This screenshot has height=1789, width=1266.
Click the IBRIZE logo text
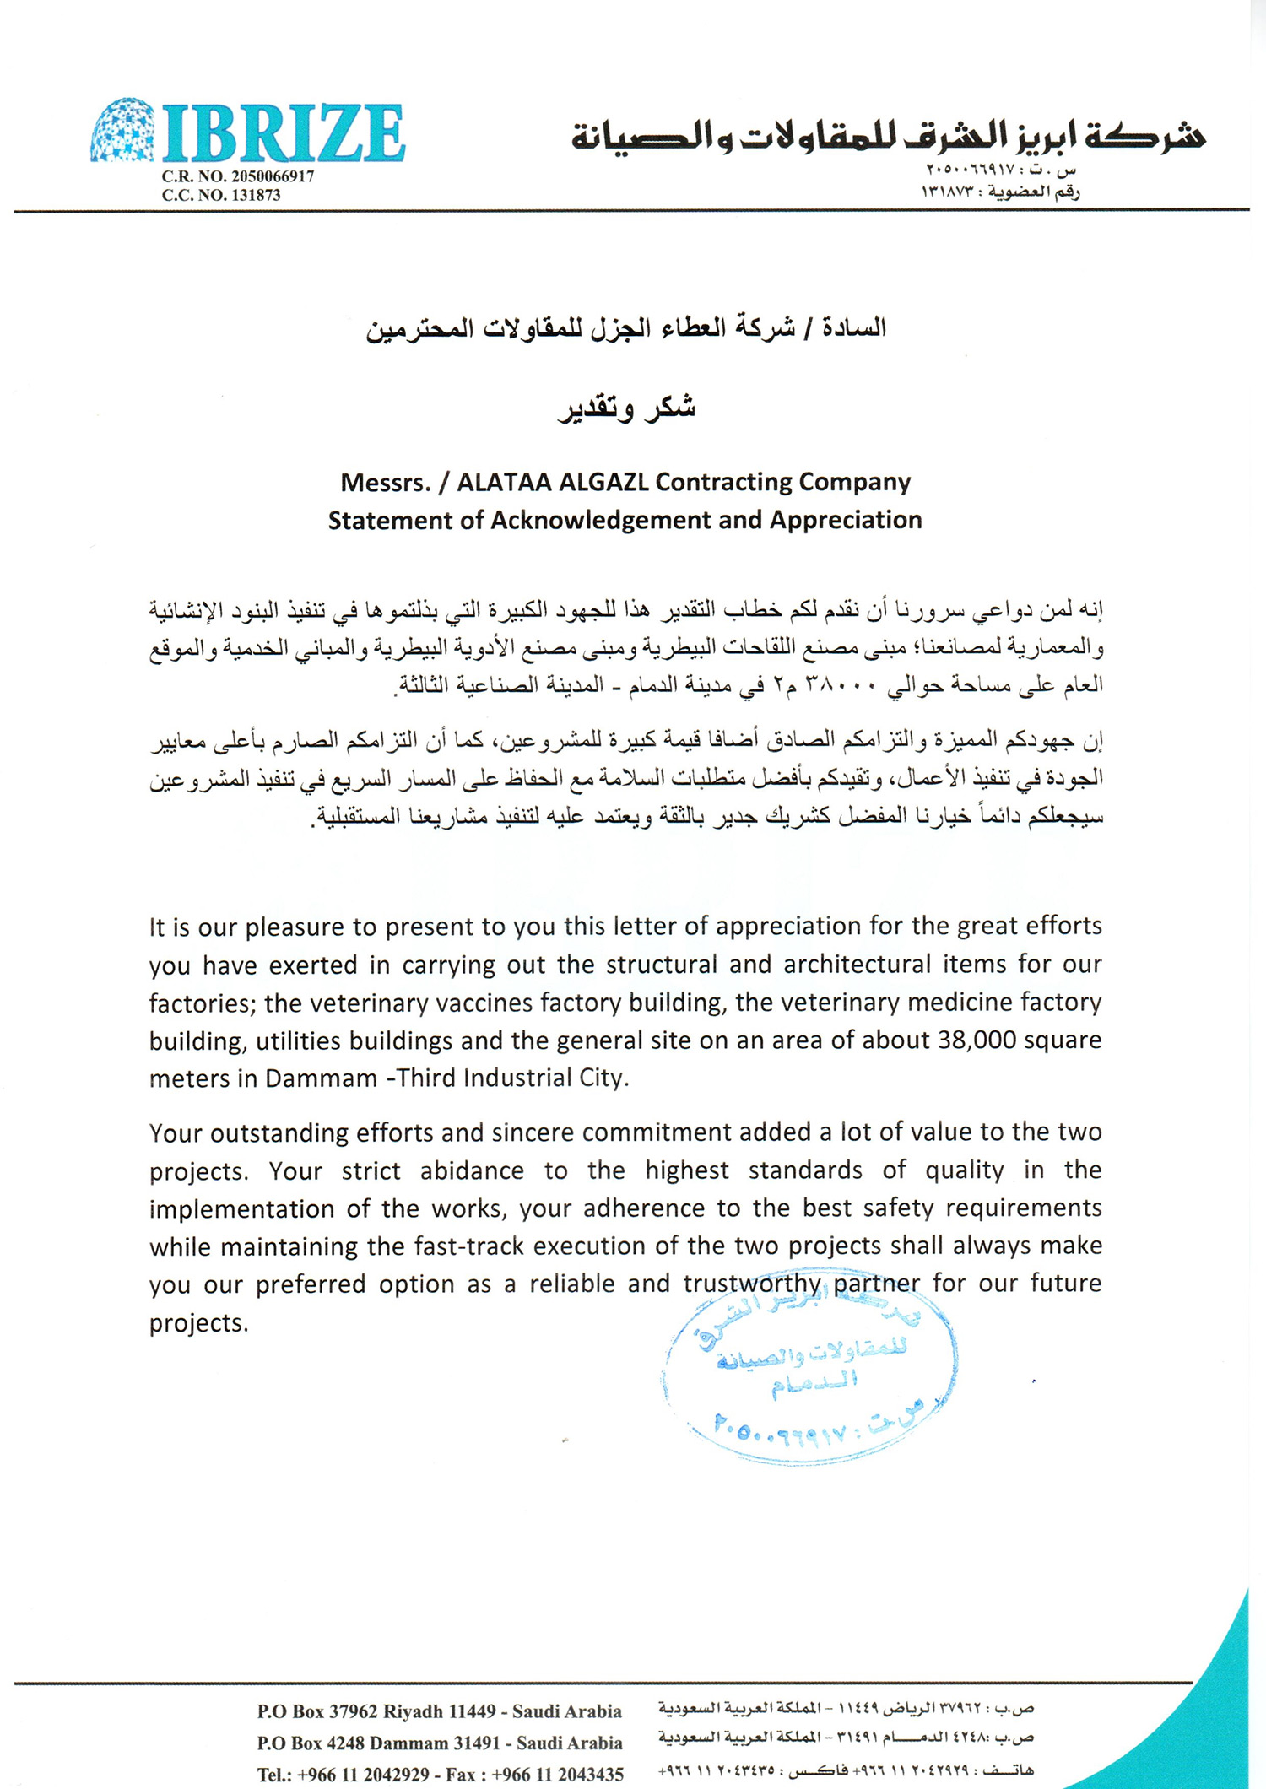click(x=283, y=133)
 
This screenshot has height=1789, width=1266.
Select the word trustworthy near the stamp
click(x=752, y=1284)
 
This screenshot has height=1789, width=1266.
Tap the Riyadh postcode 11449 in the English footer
click(x=472, y=1711)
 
